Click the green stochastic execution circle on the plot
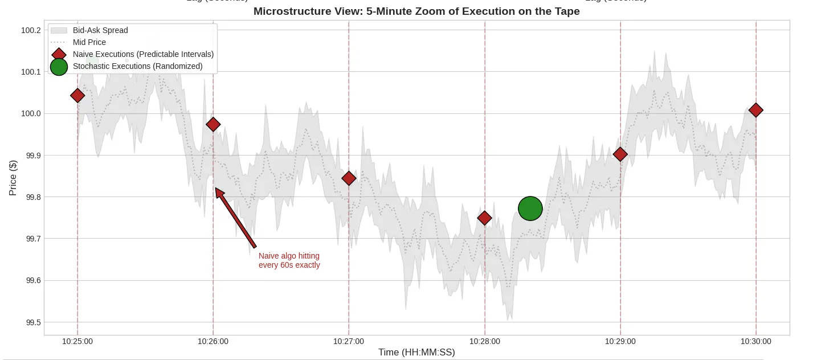530,208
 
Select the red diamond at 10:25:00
77,95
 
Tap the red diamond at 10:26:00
213,124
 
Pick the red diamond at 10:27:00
349,178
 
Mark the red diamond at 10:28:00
484,218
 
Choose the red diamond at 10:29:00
620,154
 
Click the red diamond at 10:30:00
756,110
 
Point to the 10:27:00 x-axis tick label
349,342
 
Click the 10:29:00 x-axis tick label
620,342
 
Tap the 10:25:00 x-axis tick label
77,342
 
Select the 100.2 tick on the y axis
31,30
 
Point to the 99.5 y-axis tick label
32,322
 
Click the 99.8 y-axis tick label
32,197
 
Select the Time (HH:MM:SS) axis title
416,353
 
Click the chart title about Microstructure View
416,11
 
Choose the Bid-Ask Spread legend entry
100,30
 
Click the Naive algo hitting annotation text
289,260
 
